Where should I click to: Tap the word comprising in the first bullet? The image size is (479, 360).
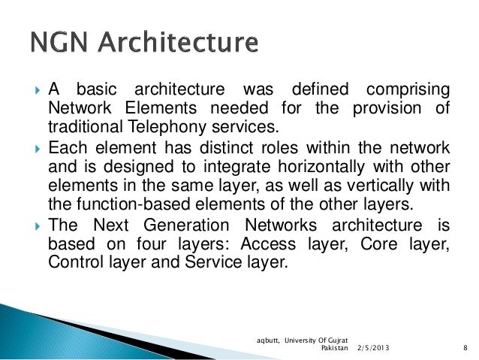[407, 88]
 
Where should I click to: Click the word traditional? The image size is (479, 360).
[83, 126]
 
